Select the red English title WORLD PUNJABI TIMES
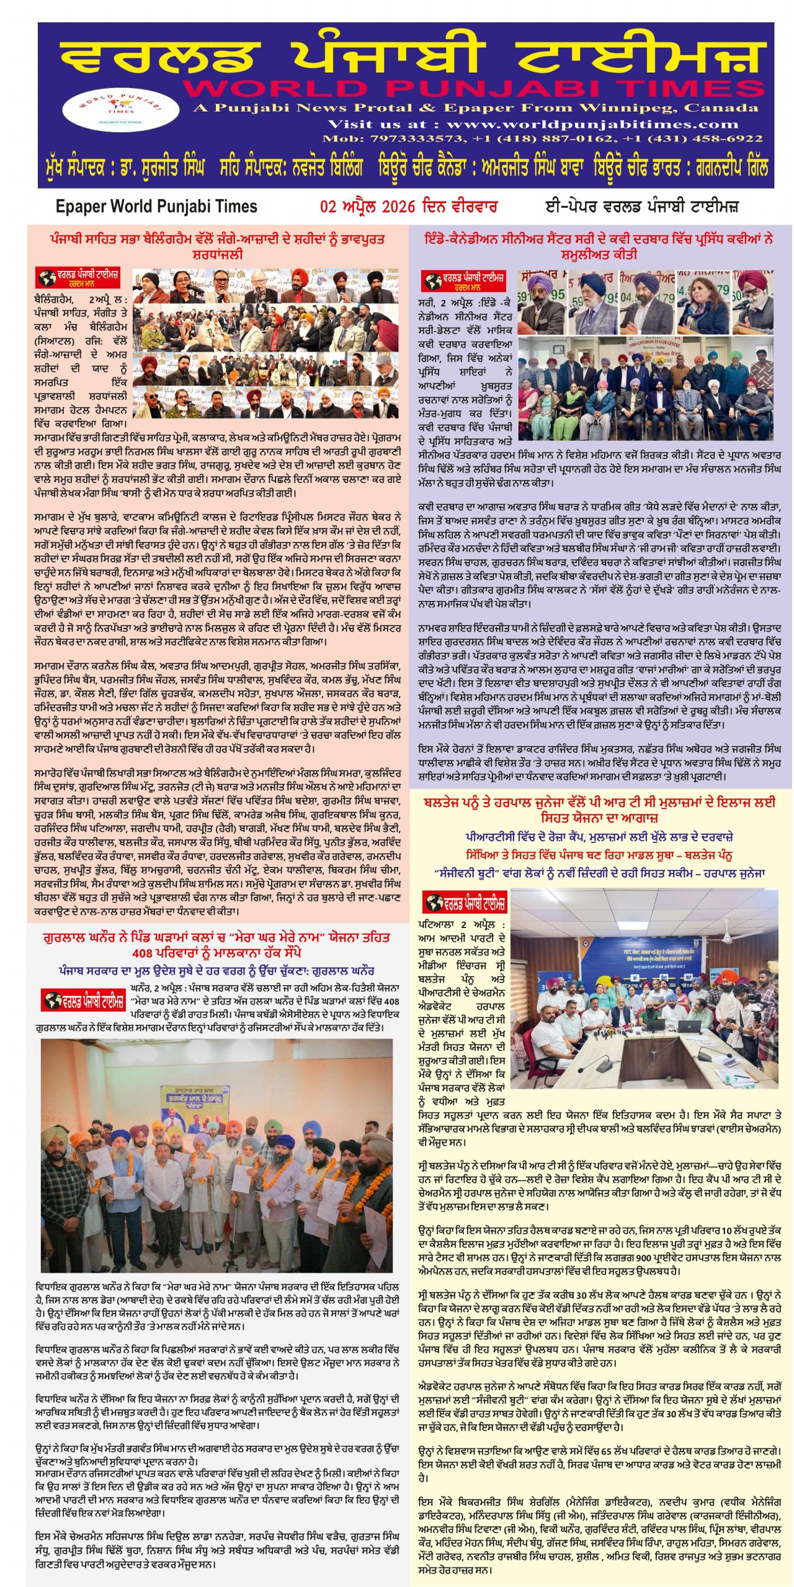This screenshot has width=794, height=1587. (473, 89)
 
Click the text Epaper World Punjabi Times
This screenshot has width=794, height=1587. (156, 206)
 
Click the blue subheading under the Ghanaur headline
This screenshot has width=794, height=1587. (216, 971)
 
